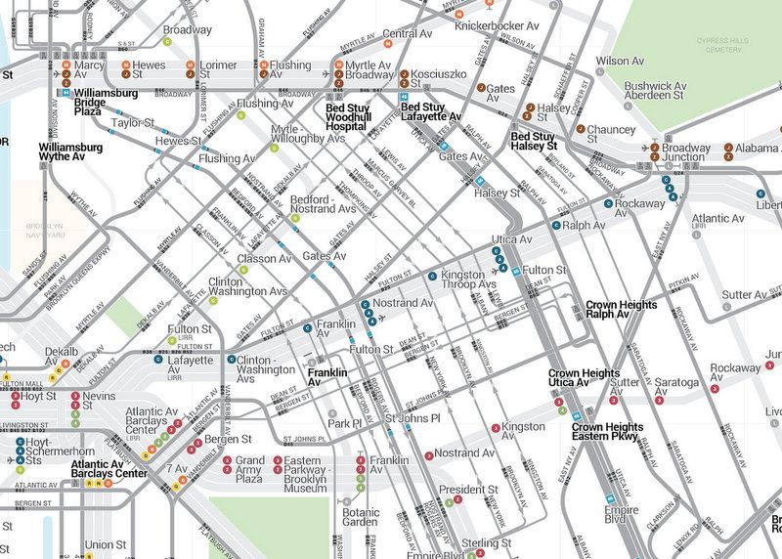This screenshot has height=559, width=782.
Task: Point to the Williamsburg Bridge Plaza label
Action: tap(101, 103)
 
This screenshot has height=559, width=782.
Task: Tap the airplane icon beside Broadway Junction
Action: tap(654, 149)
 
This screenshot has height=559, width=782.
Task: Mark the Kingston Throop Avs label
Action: tap(463, 280)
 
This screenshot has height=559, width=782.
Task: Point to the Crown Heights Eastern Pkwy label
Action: tap(608, 433)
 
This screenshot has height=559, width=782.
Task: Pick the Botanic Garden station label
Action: tap(361, 517)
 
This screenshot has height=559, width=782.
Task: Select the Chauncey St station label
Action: tap(611, 134)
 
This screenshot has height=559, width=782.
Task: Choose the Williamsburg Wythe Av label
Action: tap(75, 150)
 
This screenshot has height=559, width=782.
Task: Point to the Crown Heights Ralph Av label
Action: tap(621, 311)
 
